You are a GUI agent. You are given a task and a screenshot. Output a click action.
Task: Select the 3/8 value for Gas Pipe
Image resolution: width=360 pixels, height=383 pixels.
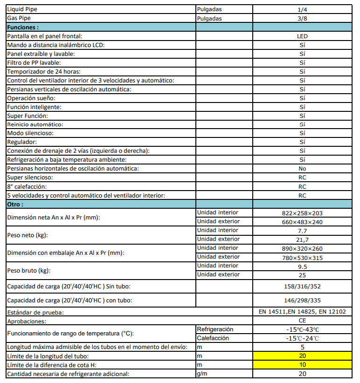(x=302, y=19)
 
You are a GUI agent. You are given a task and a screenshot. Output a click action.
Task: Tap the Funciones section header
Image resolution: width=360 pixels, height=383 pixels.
(x=23, y=27)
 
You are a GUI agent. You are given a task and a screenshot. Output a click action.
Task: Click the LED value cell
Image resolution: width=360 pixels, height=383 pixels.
(x=302, y=36)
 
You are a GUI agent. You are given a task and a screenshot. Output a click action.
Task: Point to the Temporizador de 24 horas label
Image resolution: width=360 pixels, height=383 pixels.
(x=44, y=72)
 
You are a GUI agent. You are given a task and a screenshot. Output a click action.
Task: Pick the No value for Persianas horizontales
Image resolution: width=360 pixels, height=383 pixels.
(x=302, y=169)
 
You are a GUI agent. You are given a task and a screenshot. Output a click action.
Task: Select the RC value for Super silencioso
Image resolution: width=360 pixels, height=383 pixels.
(x=302, y=178)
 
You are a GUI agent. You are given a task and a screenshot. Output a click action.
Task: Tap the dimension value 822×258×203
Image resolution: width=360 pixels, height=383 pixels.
(x=302, y=213)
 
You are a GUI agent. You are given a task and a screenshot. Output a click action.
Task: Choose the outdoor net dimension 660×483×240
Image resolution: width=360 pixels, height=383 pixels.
(x=302, y=222)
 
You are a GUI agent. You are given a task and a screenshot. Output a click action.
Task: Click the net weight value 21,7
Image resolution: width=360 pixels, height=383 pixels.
(x=302, y=239)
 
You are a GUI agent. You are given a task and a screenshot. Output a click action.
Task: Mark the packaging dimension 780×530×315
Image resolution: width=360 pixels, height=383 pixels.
(x=302, y=257)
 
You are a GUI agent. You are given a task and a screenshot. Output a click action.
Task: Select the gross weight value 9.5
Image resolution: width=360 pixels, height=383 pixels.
(x=302, y=266)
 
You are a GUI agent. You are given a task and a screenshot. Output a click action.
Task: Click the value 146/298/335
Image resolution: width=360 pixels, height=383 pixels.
(x=302, y=301)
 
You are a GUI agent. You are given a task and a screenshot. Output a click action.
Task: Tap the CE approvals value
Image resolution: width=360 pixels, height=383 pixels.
(x=302, y=321)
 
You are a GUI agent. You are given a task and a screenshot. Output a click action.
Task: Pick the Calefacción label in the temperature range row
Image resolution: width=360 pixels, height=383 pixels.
(x=213, y=338)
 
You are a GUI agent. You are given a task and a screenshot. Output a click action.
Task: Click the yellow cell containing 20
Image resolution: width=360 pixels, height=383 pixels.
(x=302, y=356)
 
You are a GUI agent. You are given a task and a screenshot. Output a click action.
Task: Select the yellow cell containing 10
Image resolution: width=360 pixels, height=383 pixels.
(x=302, y=365)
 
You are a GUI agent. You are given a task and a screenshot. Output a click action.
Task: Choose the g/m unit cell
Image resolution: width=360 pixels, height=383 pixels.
(x=202, y=374)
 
